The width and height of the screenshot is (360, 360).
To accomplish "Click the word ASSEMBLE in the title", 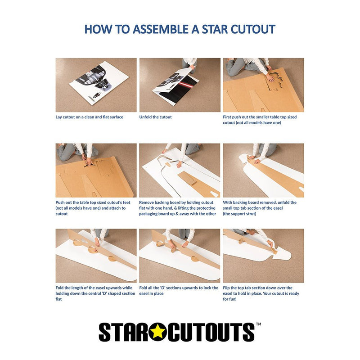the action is coord(162,29).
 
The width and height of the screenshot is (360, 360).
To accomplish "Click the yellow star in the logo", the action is coord(157,332).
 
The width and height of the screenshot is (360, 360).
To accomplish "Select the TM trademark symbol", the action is coord(258,324).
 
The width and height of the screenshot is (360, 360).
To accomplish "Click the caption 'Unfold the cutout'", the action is coord(155,117).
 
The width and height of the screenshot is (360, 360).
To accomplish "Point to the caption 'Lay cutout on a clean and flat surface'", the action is coord(89,117).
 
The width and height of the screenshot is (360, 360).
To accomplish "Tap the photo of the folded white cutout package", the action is coord(96,85).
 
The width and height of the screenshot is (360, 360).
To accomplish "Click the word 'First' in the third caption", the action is coord(228,117).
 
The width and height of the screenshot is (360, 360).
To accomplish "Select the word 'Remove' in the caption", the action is coord(146,202).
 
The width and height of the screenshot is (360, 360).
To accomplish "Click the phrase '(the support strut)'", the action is coord(239,214).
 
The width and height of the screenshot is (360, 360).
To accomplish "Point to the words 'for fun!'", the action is coord(229,299).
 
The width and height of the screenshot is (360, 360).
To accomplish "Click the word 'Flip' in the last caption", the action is coord(226,288).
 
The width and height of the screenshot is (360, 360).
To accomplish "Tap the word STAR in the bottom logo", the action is coord(123,332).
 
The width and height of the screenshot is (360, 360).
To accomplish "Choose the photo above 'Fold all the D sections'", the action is coord(180,256).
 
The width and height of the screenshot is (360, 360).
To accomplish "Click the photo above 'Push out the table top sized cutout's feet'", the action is coord(96,171).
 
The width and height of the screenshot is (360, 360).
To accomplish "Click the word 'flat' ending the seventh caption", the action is coord(58,299).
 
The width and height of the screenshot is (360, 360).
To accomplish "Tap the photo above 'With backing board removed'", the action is coord(263,171).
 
